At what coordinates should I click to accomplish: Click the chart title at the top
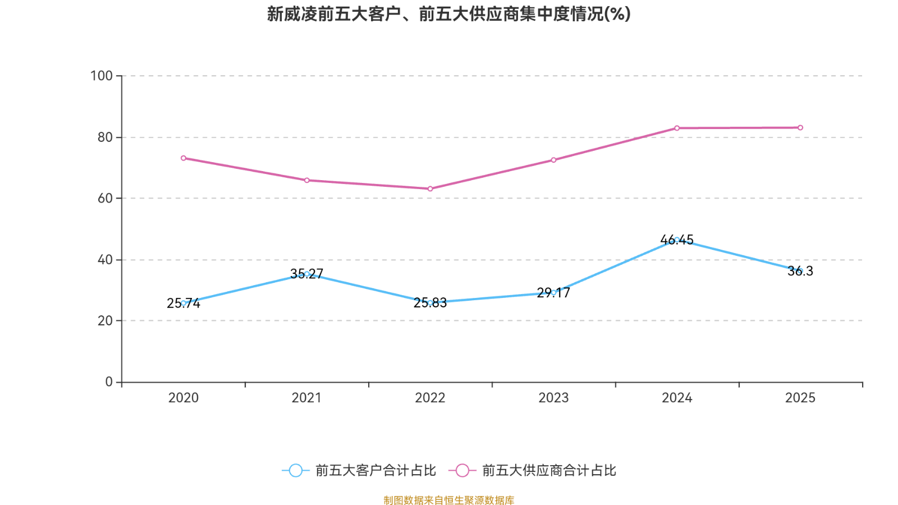[x=448, y=14]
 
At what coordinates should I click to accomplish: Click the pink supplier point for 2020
[x=184, y=158]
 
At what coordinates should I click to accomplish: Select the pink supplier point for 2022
[x=430, y=189]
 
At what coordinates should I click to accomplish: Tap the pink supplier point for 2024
[x=677, y=128]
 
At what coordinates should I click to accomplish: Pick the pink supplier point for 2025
[x=800, y=128]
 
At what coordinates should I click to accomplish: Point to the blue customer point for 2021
[x=307, y=274]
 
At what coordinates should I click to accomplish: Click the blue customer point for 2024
[x=677, y=240]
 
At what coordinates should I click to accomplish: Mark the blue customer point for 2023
[x=553, y=292]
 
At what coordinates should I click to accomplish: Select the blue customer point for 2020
[x=184, y=303]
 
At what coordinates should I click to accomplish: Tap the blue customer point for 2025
[x=800, y=271]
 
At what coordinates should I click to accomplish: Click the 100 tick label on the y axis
[x=102, y=76]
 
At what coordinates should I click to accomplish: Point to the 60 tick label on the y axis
[x=105, y=198]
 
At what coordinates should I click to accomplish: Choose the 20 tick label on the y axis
[x=105, y=320]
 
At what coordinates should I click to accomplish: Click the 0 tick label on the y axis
[x=109, y=382]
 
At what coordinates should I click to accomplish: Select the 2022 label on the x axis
[x=430, y=398]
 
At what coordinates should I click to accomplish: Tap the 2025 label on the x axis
[x=800, y=398]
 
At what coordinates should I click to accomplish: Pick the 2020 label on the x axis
[x=184, y=398]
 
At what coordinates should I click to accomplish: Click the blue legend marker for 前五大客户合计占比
[x=295, y=470]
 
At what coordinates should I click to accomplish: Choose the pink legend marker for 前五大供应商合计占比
[x=462, y=470]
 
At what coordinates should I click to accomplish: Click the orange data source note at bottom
[x=448, y=500]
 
